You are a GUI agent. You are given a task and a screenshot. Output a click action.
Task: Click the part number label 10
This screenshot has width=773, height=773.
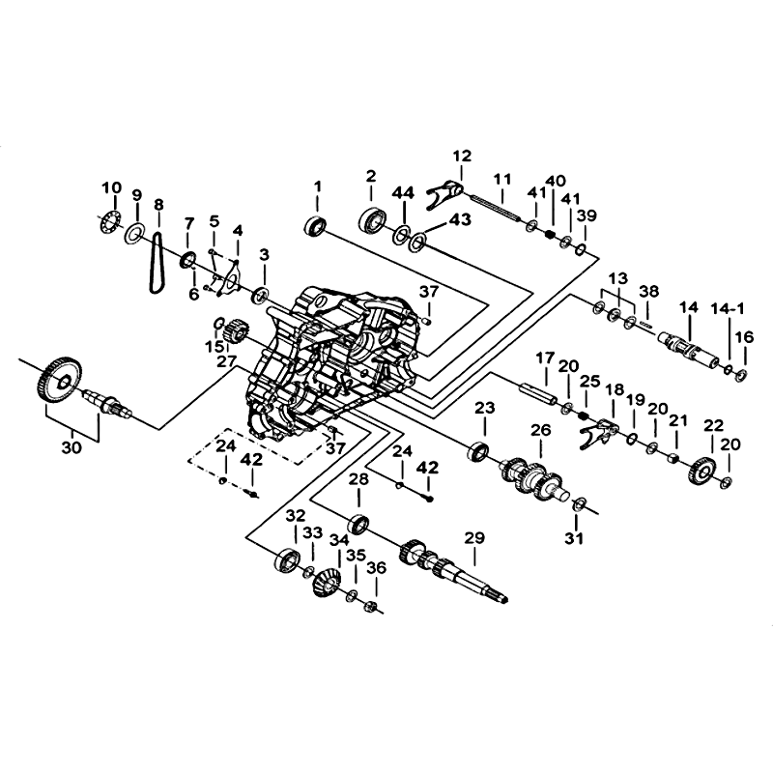[x=111, y=187]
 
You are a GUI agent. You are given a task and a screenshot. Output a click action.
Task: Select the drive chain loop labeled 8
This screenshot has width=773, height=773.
[x=150, y=264]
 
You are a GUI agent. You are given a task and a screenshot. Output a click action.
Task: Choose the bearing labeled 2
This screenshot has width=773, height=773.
[x=373, y=220]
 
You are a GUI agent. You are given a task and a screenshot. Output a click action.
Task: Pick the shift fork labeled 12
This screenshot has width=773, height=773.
[x=445, y=194]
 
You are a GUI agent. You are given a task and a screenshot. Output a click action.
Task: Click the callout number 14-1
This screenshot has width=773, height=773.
[x=728, y=309]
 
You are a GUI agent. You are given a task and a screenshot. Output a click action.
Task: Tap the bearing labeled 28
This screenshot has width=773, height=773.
[x=358, y=524]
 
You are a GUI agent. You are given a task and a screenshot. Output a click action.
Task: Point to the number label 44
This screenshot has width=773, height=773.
[x=403, y=192]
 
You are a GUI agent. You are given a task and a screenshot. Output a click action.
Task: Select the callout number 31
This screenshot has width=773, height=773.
[x=574, y=538]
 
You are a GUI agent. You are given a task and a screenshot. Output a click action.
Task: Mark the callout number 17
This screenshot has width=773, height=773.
[x=545, y=358]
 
